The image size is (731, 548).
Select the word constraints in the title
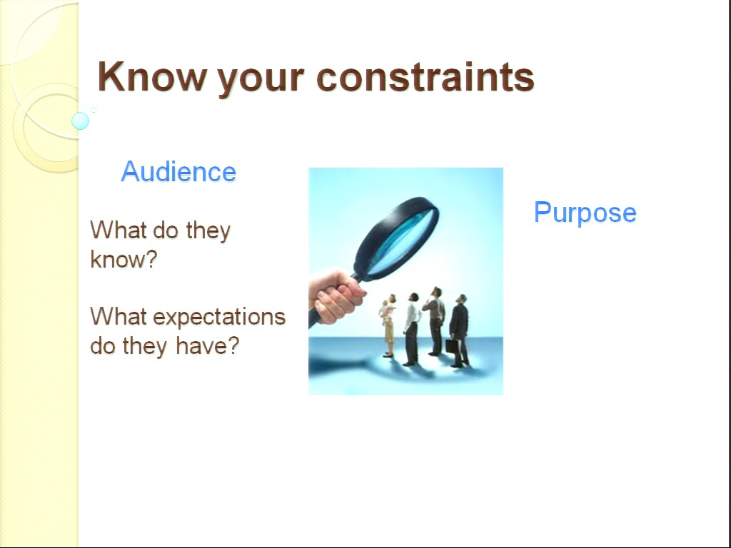425,77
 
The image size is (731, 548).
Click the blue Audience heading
178,171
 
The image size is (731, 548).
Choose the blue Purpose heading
585,213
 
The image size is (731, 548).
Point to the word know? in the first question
124,259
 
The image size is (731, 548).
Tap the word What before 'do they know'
119,230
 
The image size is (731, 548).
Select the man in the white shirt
411,329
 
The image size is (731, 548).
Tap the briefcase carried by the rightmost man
451,346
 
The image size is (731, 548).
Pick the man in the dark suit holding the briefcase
459,331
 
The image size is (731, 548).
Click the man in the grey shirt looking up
435,322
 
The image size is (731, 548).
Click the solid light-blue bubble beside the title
80,121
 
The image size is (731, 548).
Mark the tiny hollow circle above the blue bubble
94,110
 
